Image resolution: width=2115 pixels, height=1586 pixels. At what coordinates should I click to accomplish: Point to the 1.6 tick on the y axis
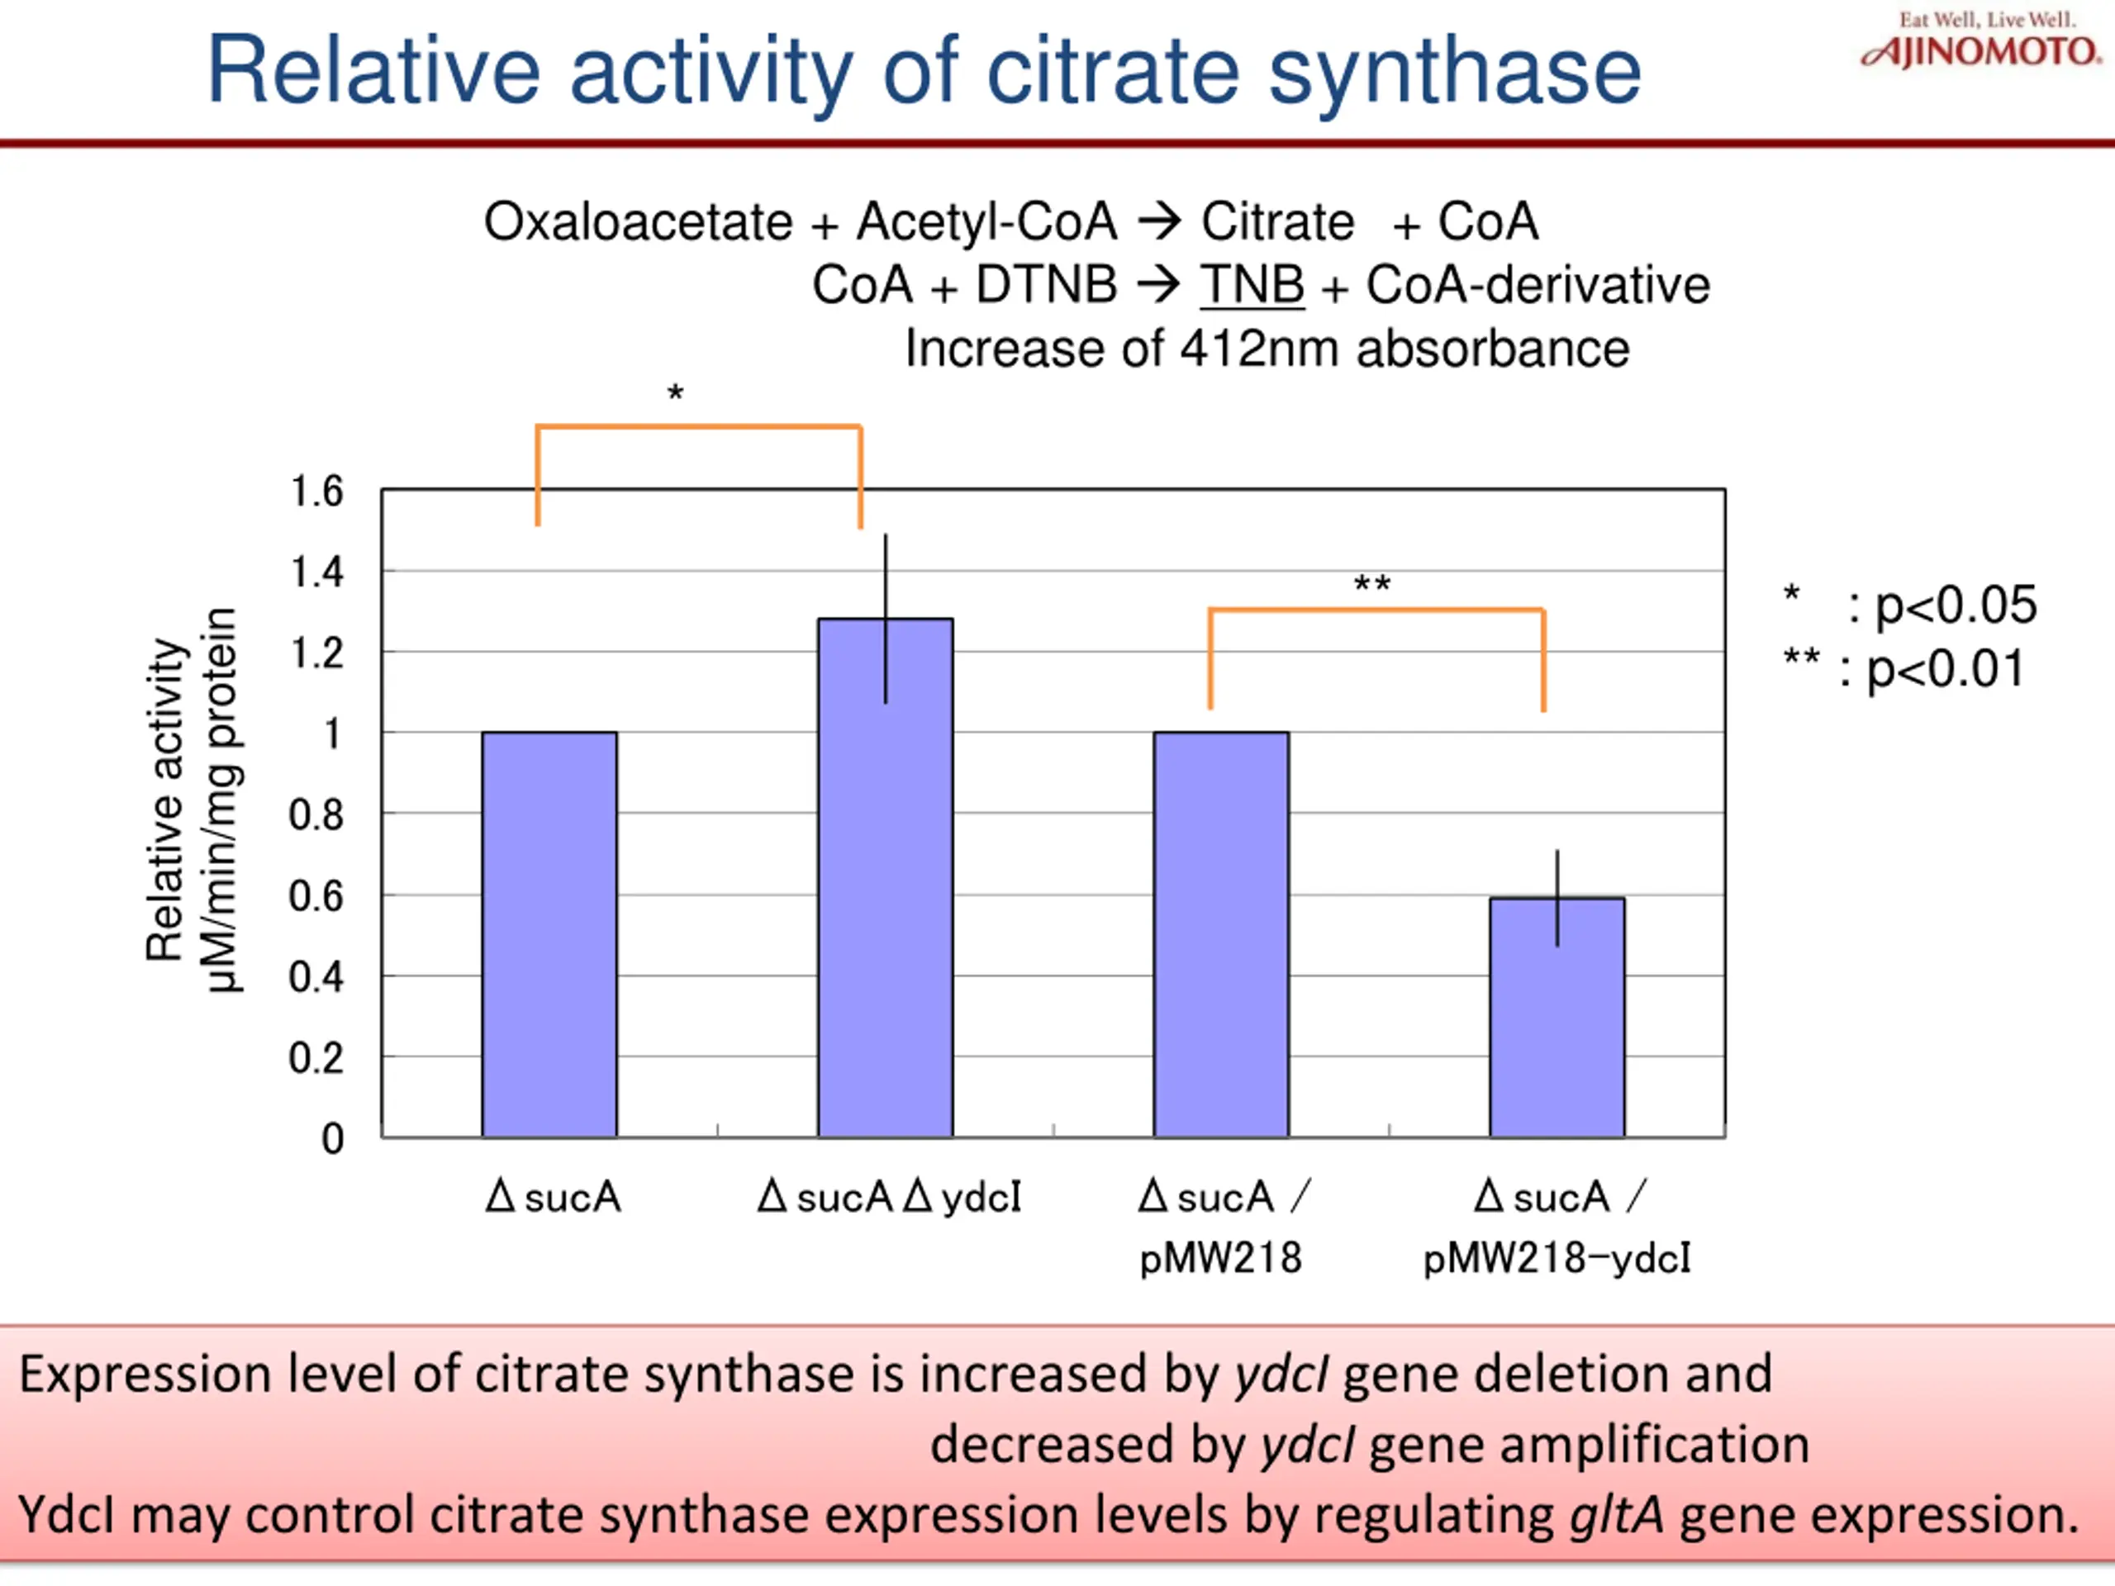coord(316,491)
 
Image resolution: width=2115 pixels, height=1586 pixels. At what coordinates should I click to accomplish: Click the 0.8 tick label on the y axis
coord(316,815)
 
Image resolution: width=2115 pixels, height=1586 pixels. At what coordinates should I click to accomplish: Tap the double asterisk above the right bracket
coord(1372,584)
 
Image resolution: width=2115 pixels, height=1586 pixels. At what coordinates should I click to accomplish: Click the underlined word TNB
coord(1252,285)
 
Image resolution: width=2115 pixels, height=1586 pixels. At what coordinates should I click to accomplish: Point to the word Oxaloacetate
coord(638,221)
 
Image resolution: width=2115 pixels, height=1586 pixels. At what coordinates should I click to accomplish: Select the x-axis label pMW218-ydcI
coord(1557,1258)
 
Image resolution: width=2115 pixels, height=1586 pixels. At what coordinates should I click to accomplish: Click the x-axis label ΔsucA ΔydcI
coord(889,1197)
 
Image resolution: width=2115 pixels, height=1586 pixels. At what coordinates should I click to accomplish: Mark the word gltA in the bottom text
coord(1616,1515)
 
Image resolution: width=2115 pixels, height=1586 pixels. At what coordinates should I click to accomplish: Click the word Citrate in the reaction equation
coord(1277,221)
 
